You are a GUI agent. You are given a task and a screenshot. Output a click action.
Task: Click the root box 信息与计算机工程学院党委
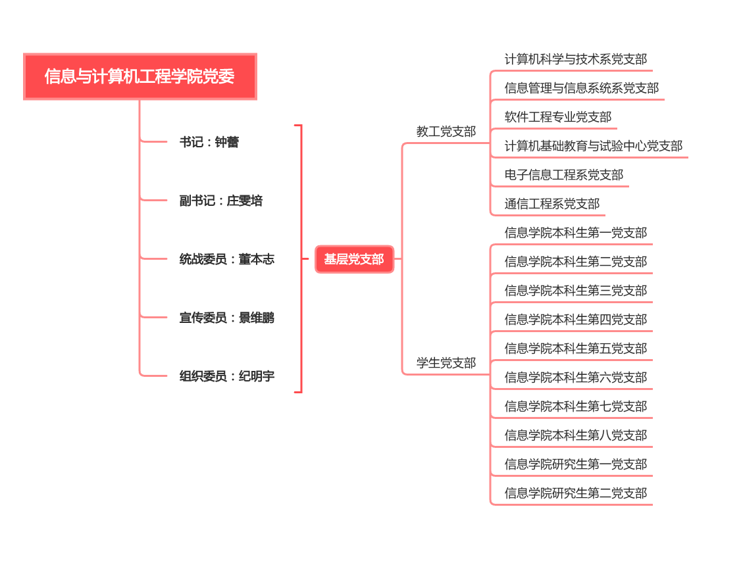140,76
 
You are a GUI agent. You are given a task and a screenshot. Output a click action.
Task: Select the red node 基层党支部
355,259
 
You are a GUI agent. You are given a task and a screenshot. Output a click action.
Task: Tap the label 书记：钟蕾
209,141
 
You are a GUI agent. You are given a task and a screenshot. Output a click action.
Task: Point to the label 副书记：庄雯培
221,201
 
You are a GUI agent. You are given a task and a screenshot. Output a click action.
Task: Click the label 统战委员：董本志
227,259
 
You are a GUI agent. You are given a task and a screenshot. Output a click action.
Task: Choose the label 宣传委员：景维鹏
227,318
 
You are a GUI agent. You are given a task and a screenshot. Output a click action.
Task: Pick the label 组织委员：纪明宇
227,376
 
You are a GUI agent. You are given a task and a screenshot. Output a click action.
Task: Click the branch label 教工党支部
446,132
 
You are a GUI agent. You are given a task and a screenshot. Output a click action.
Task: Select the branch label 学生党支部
446,362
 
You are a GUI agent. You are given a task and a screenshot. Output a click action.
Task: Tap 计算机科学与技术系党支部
576,59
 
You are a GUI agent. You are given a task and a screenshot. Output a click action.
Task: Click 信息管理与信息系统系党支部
582,88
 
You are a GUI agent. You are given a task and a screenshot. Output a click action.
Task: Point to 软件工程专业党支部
558,116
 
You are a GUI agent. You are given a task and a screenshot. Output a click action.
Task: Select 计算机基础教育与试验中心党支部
594,146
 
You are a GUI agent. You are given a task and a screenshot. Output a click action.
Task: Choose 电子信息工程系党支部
564,175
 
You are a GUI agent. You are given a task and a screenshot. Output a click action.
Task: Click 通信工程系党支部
552,203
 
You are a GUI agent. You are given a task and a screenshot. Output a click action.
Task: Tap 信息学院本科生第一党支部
576,232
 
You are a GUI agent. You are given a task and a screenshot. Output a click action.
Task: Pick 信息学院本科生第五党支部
576,348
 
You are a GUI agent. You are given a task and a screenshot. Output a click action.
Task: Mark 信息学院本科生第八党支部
576,435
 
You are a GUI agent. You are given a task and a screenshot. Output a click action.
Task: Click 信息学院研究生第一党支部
576,464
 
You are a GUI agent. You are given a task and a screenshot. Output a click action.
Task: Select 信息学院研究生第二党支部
576,493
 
